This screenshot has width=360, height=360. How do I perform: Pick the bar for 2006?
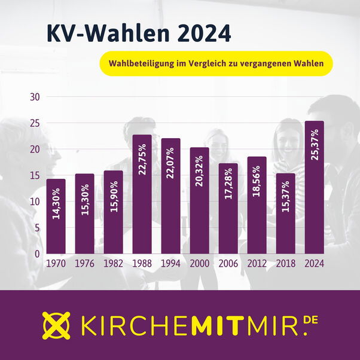228,209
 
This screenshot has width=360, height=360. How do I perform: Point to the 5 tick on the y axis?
37,228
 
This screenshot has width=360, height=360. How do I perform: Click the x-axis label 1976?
85,262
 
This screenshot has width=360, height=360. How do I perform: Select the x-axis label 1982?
114,262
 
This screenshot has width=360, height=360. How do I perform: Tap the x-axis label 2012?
257,262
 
